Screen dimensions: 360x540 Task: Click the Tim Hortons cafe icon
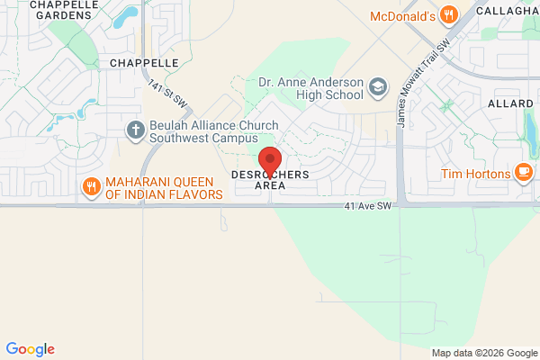pyautogui.click(x=522, y=174)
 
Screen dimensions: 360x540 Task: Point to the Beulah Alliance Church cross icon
pyautogui.click(x=136, y=131)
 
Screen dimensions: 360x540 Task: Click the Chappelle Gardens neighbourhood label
pyautogui.click(x=64, y=10)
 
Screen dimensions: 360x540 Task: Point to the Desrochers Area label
pyautogui.click(x=270, y=178)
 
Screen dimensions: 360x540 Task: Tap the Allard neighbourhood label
pyautogui.click(x=511, y=104)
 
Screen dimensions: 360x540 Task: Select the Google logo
pyautogui.click(x=30, y=349)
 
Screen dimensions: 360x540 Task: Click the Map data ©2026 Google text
pyautogui.click(x=482, y=352)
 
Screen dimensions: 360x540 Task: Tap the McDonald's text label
pyautogui.click(x=402, y=15)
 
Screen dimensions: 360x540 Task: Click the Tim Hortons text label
pyautogui.click(x=475, y=174)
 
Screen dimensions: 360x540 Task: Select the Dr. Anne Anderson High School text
pyautogui.click(x=310, y=87)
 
